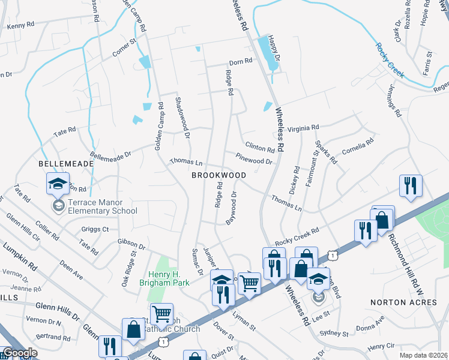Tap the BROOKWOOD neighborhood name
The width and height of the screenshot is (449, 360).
218,175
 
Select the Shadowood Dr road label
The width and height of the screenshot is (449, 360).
182,118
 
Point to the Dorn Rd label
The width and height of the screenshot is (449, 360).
240,62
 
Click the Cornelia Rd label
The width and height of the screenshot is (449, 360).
358,146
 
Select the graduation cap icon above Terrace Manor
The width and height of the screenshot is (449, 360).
58,183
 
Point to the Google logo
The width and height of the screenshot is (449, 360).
20,353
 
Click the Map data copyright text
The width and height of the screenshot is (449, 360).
424,355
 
